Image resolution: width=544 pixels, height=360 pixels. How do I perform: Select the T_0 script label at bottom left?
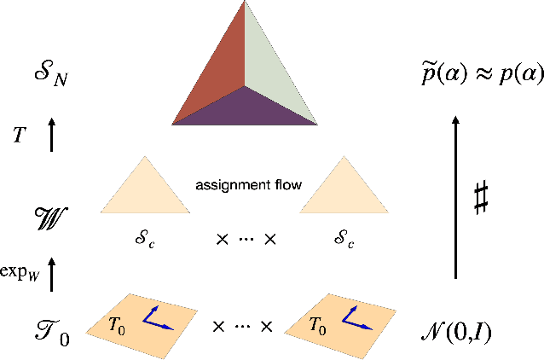point(50,328)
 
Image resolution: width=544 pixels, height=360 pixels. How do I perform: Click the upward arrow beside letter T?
point(51,136)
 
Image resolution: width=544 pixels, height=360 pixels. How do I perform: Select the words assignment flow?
point(248,184)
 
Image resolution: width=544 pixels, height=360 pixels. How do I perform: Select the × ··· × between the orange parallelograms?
point(243,325)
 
